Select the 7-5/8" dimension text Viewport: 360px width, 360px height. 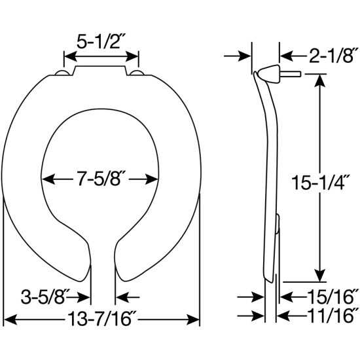click(105, 178)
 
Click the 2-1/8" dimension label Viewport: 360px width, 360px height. click(325, 56)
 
